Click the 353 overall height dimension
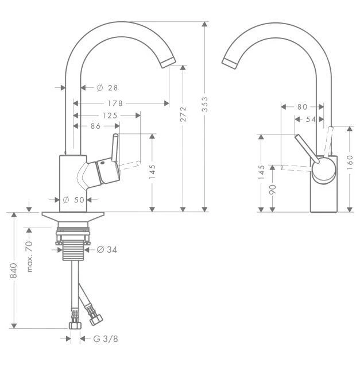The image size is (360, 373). pyautogui.click(x=204, y=104)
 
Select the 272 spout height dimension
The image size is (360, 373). pyautogui.click(x=183, y=114)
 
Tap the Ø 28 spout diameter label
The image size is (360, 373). pyautogui.click(x=107, y=88)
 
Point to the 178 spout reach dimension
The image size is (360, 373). pyautogui.click(x=115, y=103)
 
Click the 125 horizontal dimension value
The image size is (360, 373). pyautogui.click(x=110, y=116)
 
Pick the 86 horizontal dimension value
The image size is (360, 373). pyautogui.click(x=96, y=126)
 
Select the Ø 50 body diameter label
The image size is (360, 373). pyautogui.click(x=73, y=200)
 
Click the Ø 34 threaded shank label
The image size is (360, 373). pyautogui.click(x=107, y=250)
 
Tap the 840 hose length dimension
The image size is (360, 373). pyautogui.click(x=14, y=271)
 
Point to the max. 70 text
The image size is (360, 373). pyautogui.click(x=29, y=256)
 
